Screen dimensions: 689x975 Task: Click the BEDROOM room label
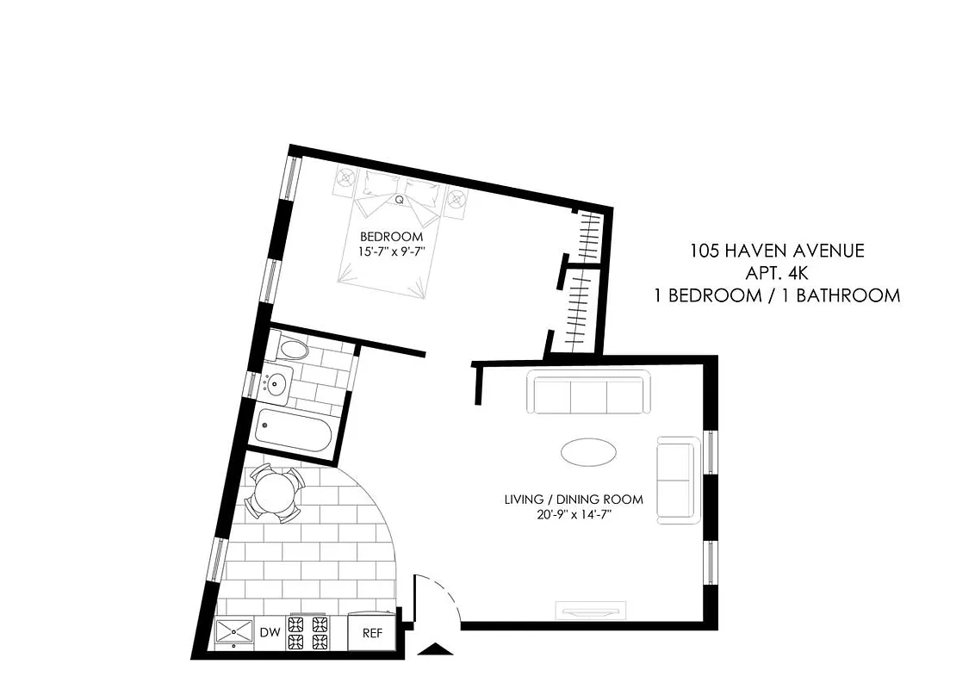click(x=391, y=237)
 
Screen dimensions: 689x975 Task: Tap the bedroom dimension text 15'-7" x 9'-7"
click(x=392, y=251)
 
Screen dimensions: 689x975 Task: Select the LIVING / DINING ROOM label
click(x=574, y=500)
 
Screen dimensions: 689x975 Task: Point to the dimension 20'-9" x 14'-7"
click(x=574, y=515)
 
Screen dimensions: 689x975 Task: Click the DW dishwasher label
click(x=270, y=633)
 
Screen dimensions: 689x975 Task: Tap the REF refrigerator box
click(x=371, y=632)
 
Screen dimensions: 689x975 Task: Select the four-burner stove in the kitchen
click(x=308, y=633)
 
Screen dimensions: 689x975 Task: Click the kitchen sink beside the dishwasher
click(x=234, y=633)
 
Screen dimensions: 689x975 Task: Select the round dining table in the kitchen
click(x=273, y=495)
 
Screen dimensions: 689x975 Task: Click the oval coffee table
click(x=588, y=451)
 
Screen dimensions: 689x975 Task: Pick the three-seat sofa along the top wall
click(x=590, y=394)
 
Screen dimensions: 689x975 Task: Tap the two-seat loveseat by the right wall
click(x=678, y=480)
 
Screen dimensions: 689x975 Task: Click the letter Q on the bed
click(x=400, y=200)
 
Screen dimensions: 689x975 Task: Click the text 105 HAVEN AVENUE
click(x=776, y=251)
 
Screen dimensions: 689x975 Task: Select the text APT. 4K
click(x=776, y=273)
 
